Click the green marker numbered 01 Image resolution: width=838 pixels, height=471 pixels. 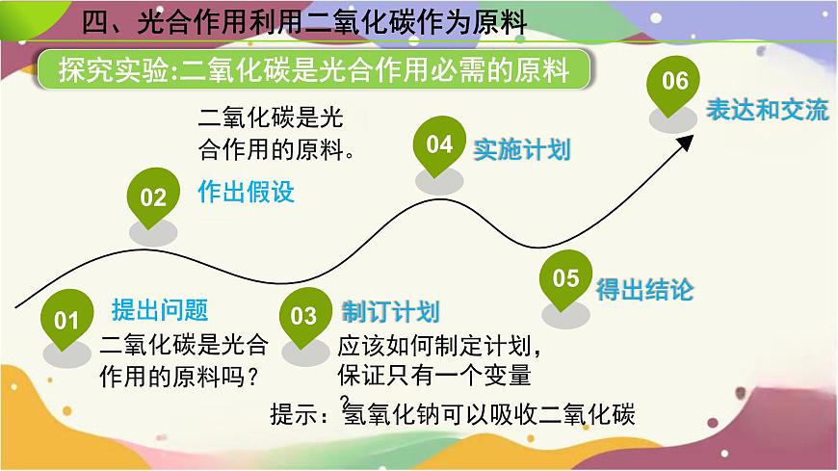[x=65, y=319]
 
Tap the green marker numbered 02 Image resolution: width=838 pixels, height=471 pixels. [x=153, y=197]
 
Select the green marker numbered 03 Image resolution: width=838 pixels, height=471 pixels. [x=303, y=316]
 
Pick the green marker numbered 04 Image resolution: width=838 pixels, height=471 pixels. [x=439, y=145]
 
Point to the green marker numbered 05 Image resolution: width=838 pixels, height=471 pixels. [x=566, y=278]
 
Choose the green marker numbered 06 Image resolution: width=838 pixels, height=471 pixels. [x=675, y=82]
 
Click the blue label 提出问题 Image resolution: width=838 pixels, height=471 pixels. [x=160, y=310]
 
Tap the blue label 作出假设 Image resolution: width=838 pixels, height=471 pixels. [x=246, y=192]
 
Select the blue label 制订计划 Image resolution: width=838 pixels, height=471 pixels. [x=390, y=312]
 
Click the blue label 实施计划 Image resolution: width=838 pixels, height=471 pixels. [x=522, y=149]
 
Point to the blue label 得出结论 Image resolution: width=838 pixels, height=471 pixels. [x=644, y=289]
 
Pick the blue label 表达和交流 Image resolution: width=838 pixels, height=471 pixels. [x=767, y=110]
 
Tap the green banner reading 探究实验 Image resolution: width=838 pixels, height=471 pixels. [x=313, y=71]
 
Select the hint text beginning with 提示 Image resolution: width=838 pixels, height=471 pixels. [x=453, y=414]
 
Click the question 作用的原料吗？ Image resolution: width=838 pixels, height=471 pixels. [x=183, y=373]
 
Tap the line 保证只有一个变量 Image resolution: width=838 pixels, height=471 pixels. [x=433, y=373]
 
